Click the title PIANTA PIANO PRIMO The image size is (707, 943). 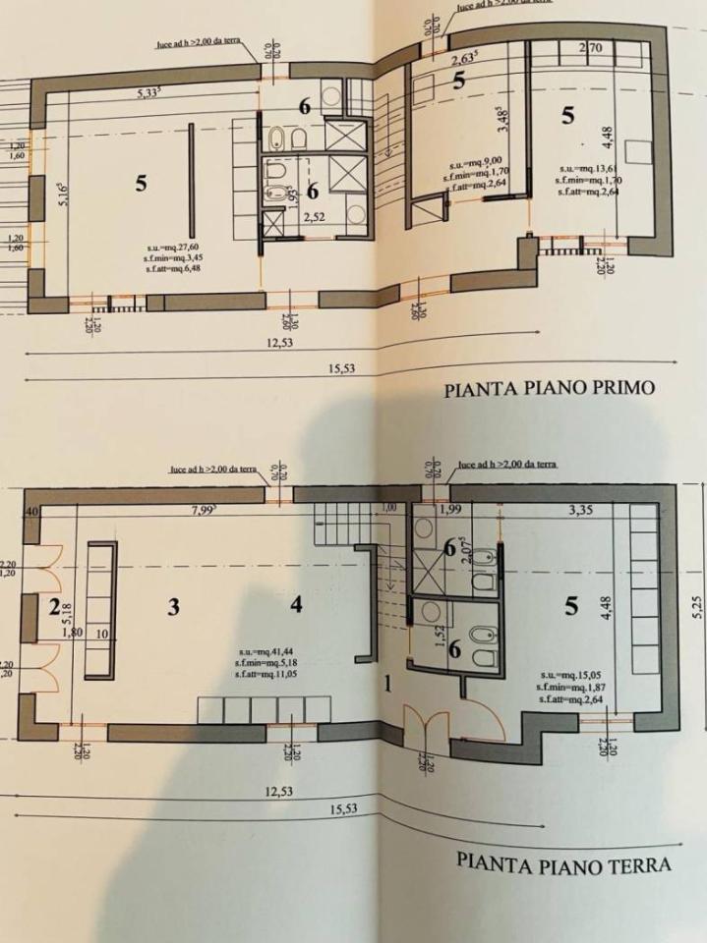click(549, 387)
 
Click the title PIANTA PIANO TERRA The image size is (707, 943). click(563, 864)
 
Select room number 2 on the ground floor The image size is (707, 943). click(54, 606)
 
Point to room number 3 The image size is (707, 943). click(173, 607)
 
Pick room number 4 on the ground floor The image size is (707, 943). click(296, 605)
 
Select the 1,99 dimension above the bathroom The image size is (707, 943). click(449, 508)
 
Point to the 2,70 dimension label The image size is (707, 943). click(591, 46)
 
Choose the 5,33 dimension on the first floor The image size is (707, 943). click(150, 93)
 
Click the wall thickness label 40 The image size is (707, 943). click(32, 512)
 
